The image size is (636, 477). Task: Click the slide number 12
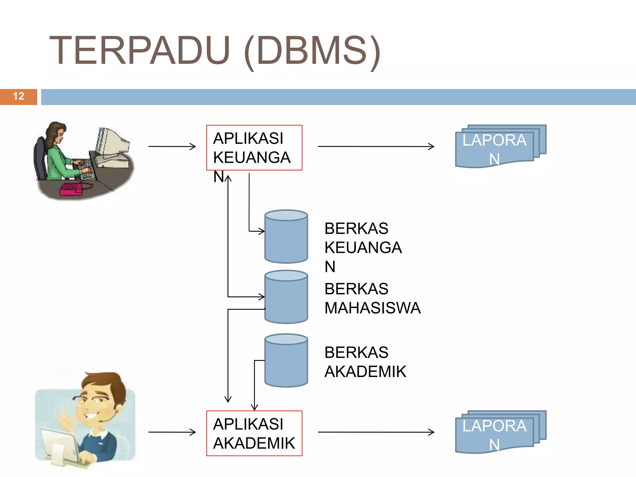click(19, 96)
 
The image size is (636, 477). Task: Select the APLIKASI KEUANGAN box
click(254, 148)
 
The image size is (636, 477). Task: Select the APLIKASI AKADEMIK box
click(254, 434)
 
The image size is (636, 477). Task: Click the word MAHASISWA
click(372, 308)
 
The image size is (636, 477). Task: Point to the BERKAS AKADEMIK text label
click(365, 362)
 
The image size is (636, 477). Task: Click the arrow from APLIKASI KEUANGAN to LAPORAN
click(376, 146)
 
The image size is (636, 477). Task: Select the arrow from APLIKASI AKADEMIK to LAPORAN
click(376, 432)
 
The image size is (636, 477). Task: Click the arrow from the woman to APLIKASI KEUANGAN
click(172, 146)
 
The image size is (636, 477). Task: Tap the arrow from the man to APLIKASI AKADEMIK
click(172, 432)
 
